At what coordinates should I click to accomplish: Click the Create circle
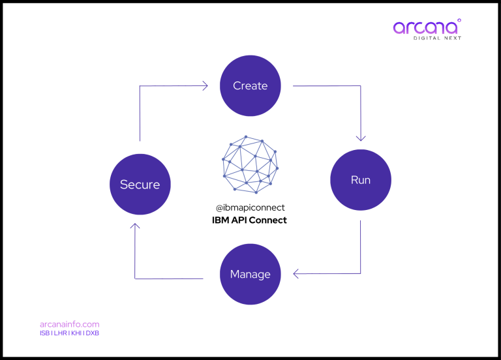(x=250, y=85)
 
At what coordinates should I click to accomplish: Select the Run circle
(x=361, y=180)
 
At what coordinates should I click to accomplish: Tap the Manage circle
(x=250, y=275)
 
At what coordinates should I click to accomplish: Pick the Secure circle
(x=140, y=185)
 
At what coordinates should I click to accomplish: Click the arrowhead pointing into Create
(x=204, y=85)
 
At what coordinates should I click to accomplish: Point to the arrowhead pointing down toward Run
(x=361, y=137)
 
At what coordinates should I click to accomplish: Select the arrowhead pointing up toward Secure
(x=134, y=228)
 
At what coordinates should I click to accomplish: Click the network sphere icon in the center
(x=250, y=164)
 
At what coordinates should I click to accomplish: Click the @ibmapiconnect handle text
(x=250, y=207)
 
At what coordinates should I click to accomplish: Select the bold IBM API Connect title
(x=250, y=220)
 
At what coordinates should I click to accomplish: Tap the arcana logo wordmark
(x=425, y=28)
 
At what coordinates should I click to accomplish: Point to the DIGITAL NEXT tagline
(x=437, y=38)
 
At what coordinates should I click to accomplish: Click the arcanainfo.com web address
(x=69, y=324)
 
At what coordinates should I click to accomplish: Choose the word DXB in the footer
(x=93, y=333)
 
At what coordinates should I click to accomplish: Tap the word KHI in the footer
(x=76, y=333)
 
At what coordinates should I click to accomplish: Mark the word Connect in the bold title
(x=268, y=220)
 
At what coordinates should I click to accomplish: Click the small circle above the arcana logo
(x=459, y=20)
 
